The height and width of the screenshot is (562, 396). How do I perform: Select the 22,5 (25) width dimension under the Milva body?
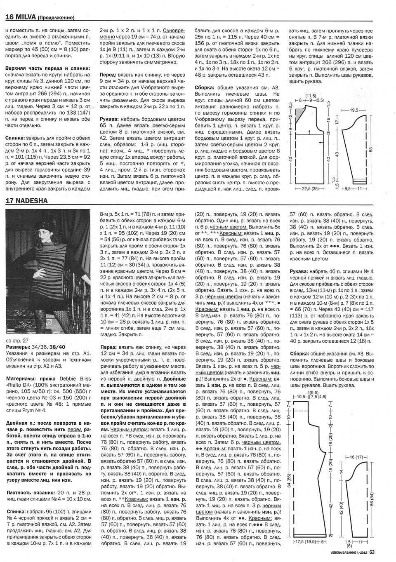point(309,189)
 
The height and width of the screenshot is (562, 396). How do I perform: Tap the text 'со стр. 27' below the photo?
point(17,341)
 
